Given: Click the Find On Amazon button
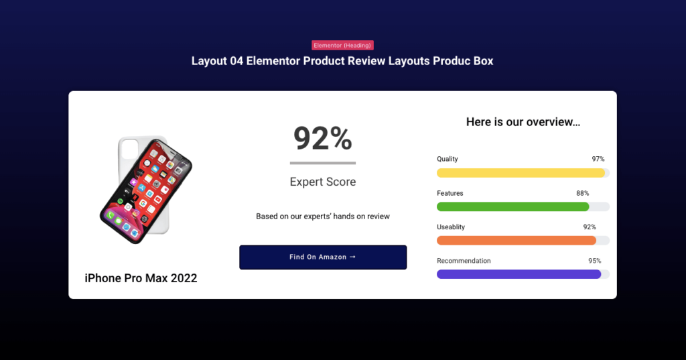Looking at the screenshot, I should [323, 257].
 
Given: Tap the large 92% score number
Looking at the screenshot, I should [323, 138].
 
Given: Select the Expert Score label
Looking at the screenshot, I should [323, 182].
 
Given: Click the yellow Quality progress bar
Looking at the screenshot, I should [521, 173].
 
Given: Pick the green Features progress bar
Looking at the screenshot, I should [512, 206].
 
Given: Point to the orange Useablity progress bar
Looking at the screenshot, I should [516, 240].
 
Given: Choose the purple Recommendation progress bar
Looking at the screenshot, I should [519, 274].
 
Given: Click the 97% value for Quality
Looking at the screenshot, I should [598, 159].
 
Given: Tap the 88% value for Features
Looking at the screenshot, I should [582, 193].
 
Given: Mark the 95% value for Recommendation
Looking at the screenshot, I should [594, 261].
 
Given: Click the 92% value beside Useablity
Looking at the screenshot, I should [590, 227].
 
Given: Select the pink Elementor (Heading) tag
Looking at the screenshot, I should [342, 46].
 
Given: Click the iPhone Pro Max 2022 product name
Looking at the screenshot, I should [141, 278].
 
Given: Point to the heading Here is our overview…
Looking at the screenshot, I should [523, 122].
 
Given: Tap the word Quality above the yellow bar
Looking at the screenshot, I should [448, 159].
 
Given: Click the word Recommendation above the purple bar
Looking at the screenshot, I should [464, 261].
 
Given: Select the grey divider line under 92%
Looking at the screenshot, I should [323, 163].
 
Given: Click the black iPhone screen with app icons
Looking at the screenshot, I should [146, 190].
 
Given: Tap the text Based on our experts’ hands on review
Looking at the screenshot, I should [323, 217].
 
